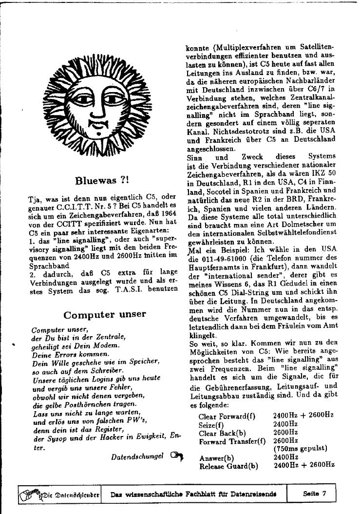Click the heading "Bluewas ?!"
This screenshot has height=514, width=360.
(102, 181)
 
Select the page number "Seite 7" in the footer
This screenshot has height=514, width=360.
(314, 494)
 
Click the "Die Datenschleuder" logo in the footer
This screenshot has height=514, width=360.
(59, 494)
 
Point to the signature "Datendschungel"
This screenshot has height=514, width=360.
(137, 457)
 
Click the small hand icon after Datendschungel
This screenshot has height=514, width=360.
(176, 457)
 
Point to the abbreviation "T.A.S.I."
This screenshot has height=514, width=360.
(129, 289)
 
